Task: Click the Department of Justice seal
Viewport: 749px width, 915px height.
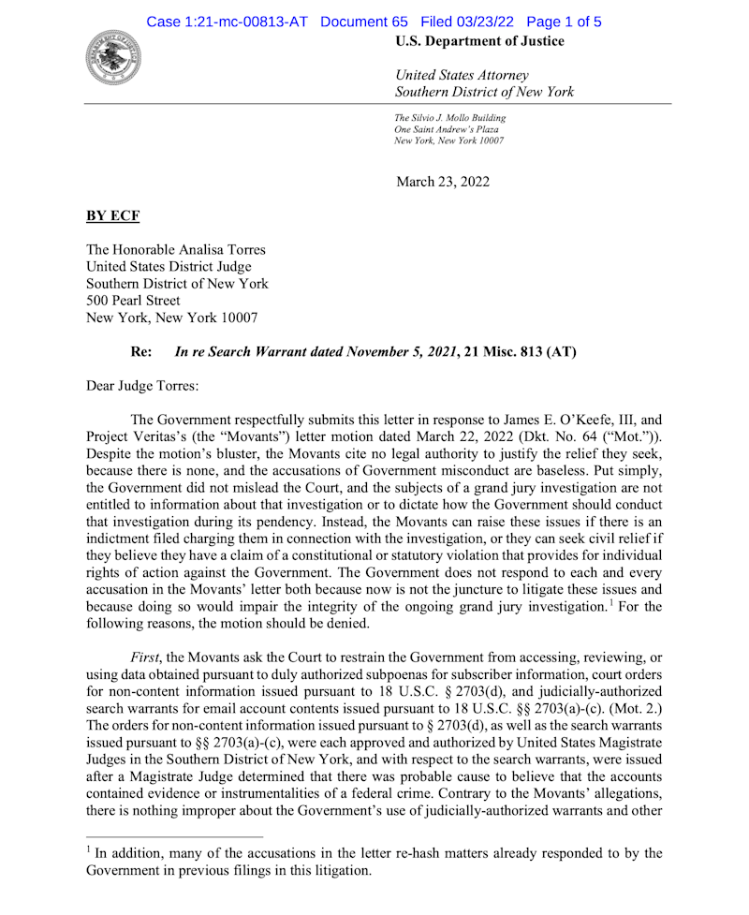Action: tap(113, 57)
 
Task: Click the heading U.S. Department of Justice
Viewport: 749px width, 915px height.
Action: tap(479, 41)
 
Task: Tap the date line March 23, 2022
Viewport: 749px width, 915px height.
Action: tap(442, 182)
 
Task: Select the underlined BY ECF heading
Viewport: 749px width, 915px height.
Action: tap(112, 216)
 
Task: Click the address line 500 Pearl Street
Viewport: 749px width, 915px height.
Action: tap(133, 301)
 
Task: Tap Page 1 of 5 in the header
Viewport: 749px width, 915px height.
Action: tap(564, 21)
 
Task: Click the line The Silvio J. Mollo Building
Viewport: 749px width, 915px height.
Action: tap(450, 118)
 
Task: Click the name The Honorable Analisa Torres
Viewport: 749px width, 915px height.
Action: tap(176, 250)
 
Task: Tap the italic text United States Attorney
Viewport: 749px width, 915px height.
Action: tap(463, 75)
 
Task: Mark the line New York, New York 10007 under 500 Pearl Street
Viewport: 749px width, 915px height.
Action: tap(172, 317)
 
